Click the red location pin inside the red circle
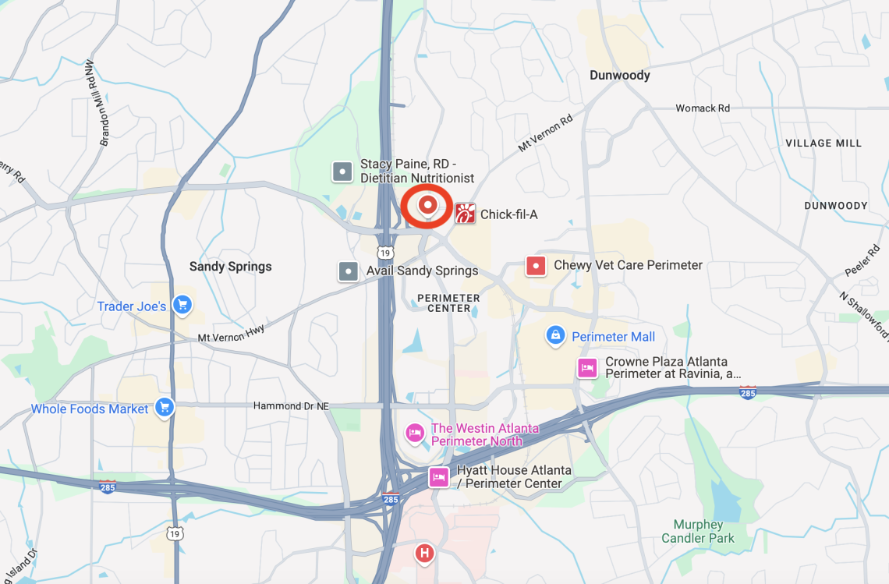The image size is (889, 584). click(427, 205)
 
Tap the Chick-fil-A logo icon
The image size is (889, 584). click(465, 214)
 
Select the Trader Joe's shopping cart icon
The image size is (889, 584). click(182, 305)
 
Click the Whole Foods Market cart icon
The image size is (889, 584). click(164, 407)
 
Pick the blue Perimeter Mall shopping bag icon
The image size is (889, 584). click(555, 336)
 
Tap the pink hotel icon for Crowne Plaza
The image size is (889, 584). click(587, 368)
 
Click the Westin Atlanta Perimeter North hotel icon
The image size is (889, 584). click(414, 433)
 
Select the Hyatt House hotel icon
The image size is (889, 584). click(439, 476)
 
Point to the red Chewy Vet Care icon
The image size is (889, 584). click(536, 266)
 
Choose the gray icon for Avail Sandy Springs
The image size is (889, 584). click(348, 271)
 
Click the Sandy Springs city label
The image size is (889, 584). click(231, 267)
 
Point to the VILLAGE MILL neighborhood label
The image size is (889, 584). click(823, 143)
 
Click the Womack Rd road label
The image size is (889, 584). click(703, 108)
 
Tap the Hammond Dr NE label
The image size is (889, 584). click(292, 406)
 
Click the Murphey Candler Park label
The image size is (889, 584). click(698, 532)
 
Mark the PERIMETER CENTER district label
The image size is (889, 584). click(448, 303)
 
